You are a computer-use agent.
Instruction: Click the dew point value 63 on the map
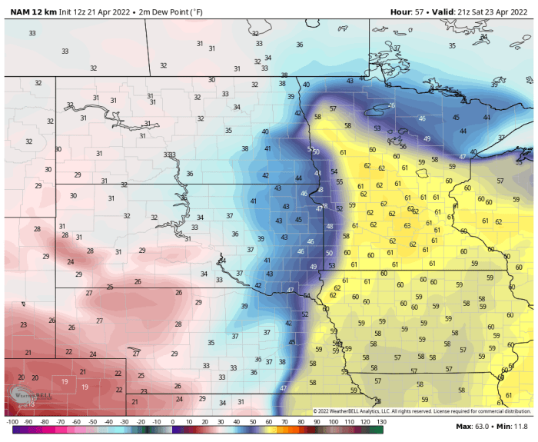(407, 225)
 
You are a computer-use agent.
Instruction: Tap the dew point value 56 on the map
(403, 146)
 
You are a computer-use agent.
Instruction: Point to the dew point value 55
(339, 182)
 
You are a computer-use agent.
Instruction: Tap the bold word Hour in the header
(401, 11)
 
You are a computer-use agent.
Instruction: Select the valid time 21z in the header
(470, 11)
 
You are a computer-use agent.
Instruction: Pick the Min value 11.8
(520, 426)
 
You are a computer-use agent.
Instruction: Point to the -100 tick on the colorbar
(12, 422)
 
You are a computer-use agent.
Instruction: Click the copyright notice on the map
(423, 411)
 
